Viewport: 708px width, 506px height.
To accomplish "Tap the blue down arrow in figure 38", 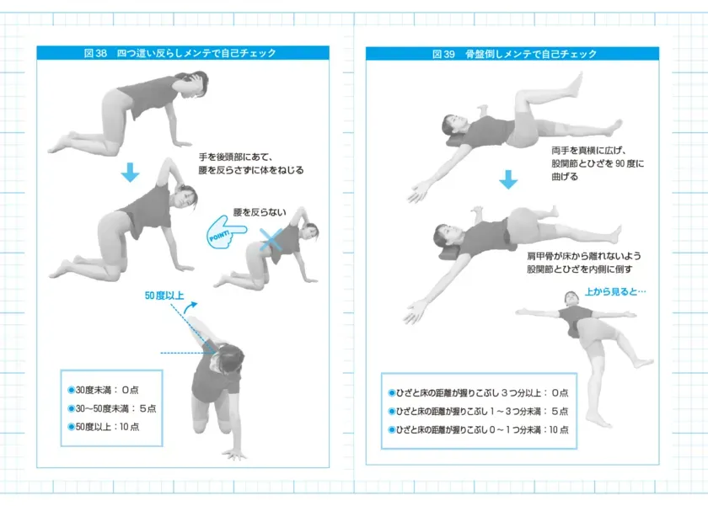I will pyautogui.click(x=129, y=173).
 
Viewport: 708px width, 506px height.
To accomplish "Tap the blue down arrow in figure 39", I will pyautogui.click(x=507, y=179).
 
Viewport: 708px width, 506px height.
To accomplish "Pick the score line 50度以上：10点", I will pyautogui.click(x=107, y=427).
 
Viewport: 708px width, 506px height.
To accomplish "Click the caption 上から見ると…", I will pyautogui.click(x=615, y=293).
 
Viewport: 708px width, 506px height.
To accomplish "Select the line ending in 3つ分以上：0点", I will pyautogui.click(x=478, y=393).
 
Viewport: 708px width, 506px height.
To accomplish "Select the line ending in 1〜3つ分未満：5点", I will pyautogui.click(x=478, y=411).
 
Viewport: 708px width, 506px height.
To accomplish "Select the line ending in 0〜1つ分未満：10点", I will pyautogui.click(x=478, y=429).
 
